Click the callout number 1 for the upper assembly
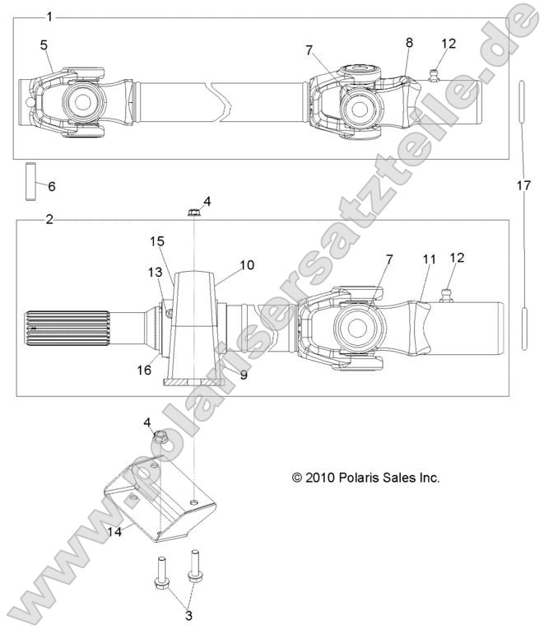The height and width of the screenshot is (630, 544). coord(50,17)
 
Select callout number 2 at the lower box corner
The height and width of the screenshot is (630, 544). coord(49,220)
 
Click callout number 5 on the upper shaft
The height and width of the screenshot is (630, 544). coord(44,44)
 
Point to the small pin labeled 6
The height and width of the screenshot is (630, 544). coord(32,181)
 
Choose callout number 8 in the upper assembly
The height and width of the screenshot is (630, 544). coord(410,43)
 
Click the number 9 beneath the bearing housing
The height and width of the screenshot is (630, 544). coord(244,374)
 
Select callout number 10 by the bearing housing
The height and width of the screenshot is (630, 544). coord(248,265)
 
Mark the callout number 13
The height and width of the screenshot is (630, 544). coord(155,273)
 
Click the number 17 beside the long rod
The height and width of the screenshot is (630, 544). coord(522,186)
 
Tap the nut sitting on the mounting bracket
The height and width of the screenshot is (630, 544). coord(160,436)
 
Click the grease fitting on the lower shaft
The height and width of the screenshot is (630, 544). coord(449,294)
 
